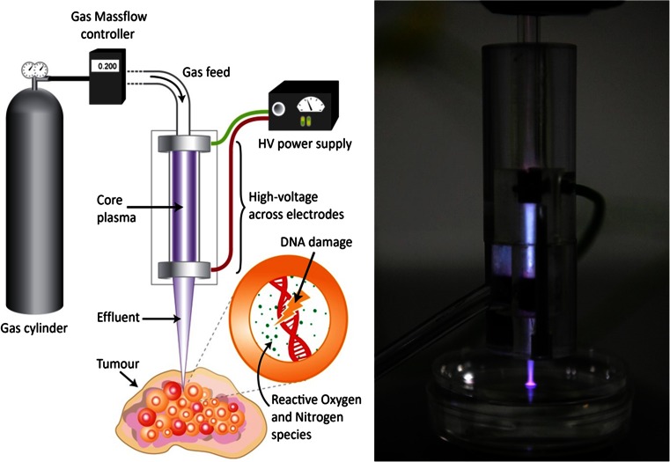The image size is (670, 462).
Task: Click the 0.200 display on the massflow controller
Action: pyautogui.click(x=106, y=65)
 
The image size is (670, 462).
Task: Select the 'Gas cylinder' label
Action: pyautogui.click(x=39, y=326)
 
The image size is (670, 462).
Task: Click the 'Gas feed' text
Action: pyautogui.click(x=206, y=70)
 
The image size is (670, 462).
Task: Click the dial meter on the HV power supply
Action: pyautogui.click(x=309, y=105)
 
